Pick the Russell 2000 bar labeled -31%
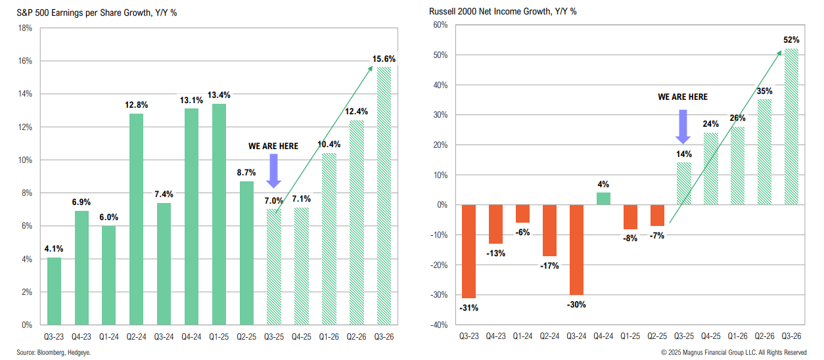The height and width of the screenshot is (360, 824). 469,251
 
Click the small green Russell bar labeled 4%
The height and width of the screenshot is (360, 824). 603,198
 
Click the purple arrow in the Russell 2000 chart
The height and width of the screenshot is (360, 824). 683,126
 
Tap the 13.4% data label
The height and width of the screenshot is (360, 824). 218,95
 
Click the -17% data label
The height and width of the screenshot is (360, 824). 549,266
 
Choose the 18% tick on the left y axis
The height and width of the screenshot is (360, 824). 26,28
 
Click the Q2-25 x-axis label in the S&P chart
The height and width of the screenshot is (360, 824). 246,336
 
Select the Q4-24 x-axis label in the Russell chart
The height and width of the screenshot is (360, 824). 603,336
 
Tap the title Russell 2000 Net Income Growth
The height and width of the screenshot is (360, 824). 503,11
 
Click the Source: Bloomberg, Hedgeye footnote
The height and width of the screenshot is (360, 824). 49,353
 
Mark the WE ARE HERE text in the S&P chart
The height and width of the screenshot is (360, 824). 273,146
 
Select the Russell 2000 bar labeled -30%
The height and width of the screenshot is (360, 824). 576,250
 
